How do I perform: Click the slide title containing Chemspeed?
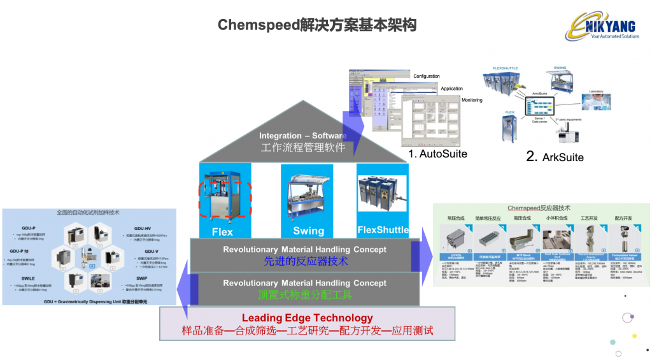click(316, 25)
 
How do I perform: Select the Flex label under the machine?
click(222, 232)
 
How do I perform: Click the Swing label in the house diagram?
click(309, 231)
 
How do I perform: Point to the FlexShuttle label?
click(383, 230)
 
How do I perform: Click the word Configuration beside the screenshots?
click(426, 76)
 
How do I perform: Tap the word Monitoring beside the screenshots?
click(471, 100)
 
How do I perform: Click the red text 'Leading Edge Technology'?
click(307, 318)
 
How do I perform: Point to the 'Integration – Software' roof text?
click(302, 136)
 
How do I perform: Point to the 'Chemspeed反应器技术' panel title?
click(539, 208)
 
